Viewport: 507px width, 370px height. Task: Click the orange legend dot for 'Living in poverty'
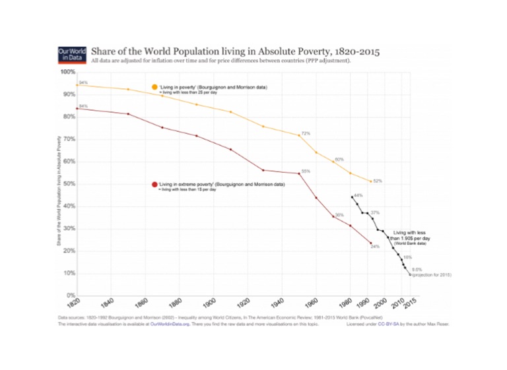click(x=154, y=88)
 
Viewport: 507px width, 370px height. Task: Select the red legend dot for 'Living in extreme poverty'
click(x=154, y=185)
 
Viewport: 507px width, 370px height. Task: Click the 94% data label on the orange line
click(x=83, y=82)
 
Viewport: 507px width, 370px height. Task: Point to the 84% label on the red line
click(x=83, y=106)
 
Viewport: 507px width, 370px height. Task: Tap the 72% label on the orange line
click(x=306, y=133)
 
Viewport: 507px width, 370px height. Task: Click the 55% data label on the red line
click(x=306, y=171)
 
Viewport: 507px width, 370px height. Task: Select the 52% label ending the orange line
click(x=378, y=181)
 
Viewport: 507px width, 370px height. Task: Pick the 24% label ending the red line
click(x=375, y=247)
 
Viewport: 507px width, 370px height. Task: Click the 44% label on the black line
click(x=358, y=195)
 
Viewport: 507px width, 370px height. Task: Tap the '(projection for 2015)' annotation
click(x=432, y=274)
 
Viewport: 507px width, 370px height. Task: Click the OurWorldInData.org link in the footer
click(x=174, y=324)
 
